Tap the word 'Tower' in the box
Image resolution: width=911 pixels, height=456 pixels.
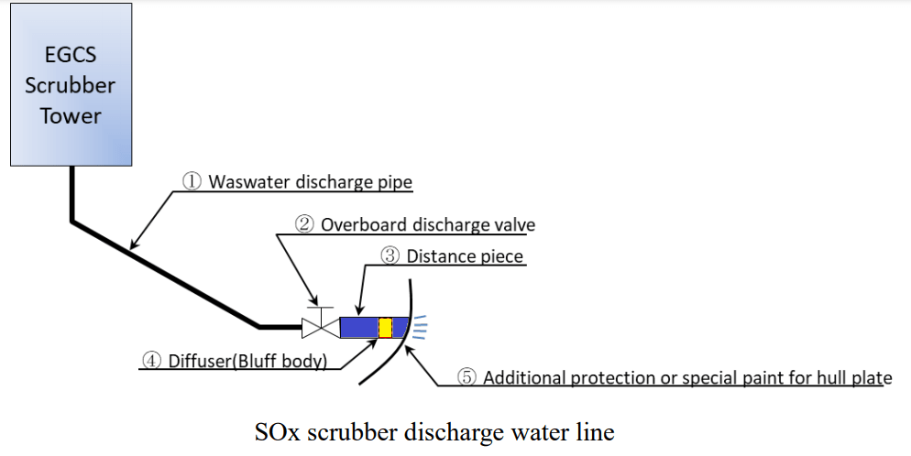click(70, 116)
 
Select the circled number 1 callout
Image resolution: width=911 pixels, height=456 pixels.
click(192, 181)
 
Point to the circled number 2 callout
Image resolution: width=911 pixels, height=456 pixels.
click(303, 224)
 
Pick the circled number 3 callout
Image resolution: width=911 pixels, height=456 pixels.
click(390, 256)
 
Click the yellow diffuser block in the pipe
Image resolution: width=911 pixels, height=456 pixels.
click(385, 327)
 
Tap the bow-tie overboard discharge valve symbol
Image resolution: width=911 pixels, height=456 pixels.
click(318, 326)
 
